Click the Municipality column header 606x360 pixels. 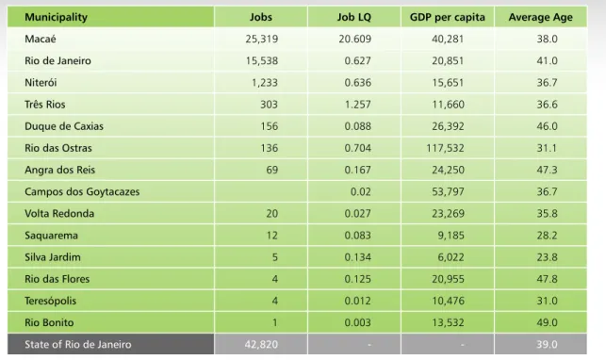pos(56,17)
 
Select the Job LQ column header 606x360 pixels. pos(353,17)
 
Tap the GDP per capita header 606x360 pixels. pos(447,17)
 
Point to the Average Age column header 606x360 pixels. pos(540,17)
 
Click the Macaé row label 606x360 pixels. pos(41,39)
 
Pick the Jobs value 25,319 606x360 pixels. pos(262,39)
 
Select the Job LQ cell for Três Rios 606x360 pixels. pos(357,105)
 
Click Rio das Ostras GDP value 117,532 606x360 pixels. pos(445,148)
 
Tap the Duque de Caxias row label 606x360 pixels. pos(64,126)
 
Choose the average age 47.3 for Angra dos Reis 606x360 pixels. pos(547,170)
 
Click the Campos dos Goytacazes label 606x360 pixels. pos(82,192)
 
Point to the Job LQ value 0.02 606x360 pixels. pos(361,191)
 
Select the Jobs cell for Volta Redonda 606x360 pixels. pos(271,214)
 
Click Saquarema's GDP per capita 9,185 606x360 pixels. pos(450,236)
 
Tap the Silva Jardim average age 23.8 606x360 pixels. pos(547,257)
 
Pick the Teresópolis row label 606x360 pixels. pos(50,301)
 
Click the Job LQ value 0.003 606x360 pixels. pos(357,322)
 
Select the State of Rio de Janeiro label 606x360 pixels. pos(78,345)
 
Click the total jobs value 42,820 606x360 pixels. pos(261,345)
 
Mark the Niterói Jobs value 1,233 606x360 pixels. pos(265,83)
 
